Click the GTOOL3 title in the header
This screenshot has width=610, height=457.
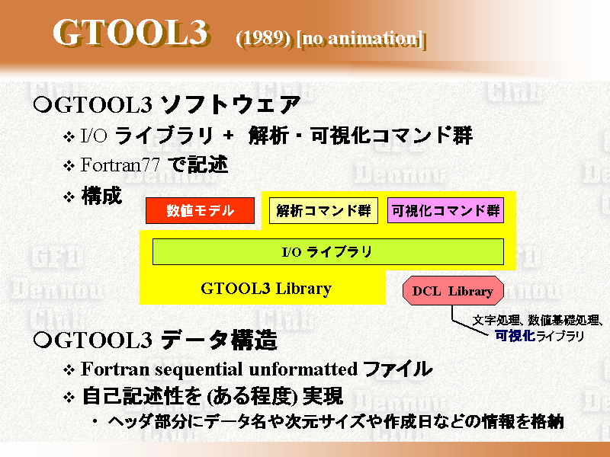pyautogui.click(x=130, y=34)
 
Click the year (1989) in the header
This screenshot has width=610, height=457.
pyautogui.click(x=263, y=38)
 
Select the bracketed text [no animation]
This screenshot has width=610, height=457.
pyautogui.click(x=360, y=39)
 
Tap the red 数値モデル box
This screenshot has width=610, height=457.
pyautogui.click(x=200, y=211)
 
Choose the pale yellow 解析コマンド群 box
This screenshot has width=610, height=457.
pyautogui.click(x=323, y=211)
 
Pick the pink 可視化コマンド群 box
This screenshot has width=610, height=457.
pyautogui.click(x=445, y=211)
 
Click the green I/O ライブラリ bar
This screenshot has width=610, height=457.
pyautogui.click(x=328, y=252)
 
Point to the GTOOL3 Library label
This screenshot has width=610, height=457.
pyautogui.click(x=266, y=289)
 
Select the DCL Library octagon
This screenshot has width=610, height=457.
pyautogui.click(x=453, y=291)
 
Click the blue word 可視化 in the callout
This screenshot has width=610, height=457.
pyautogui.click(x=515, y=335)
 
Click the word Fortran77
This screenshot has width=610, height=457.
pyautogui.click(x=120, y=165)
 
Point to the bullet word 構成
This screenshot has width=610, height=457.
pyautogui.click(x=101, y=196)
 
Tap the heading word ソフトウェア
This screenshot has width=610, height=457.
pyautogui.click(x=230, y=104)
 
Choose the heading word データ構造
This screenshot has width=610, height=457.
pyautogui.click(x=219, y=340)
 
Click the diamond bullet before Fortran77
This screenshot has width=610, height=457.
pyautogui.click(x=69, y=166)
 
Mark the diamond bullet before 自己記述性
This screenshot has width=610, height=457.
pyautogui.click(x=69, y=398)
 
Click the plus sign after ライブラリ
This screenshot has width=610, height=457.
pyautogui.click(x=229, y=136)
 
